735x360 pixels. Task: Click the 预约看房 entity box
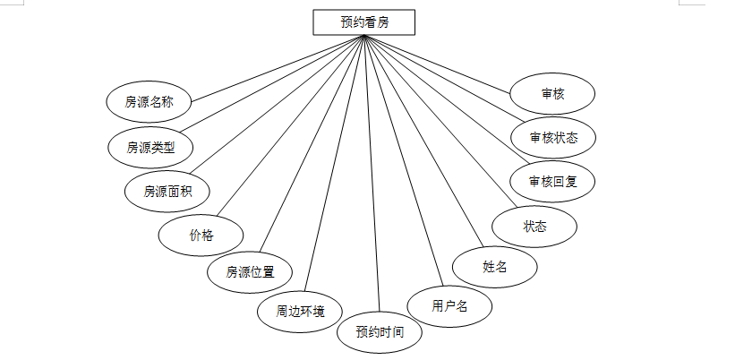pos(364,22)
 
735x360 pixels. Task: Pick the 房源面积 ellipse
pos(166,191)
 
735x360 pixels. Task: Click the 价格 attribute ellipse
pos(201,235)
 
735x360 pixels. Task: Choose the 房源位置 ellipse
pos(250,271)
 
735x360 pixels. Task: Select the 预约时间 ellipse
pos(380,331)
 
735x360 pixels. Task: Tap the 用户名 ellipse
pos(450,306)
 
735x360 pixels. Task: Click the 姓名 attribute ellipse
pos(495,266)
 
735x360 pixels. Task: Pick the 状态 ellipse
pos(535,227)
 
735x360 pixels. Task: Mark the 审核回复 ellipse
pos(552,182)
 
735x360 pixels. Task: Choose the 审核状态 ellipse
pos(552,138)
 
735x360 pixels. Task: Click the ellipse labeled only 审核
pos(552,93)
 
